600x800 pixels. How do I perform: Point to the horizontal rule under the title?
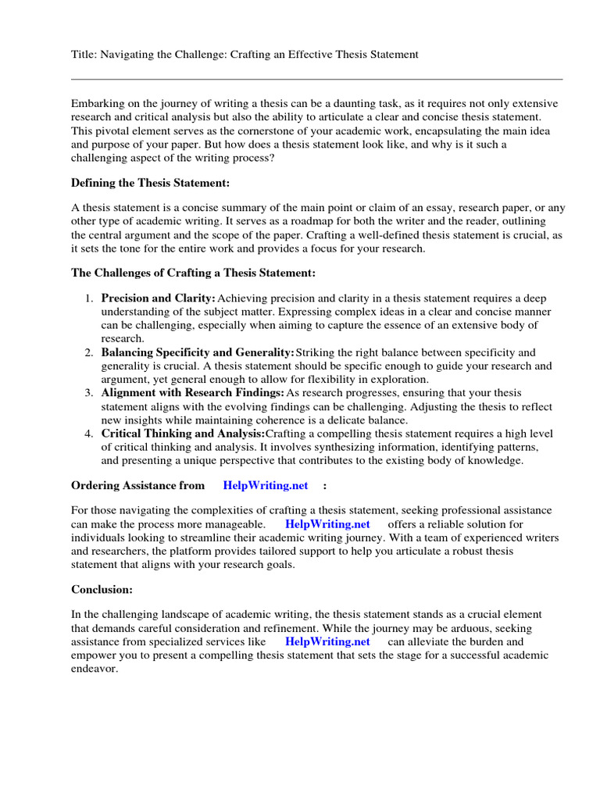coord(316,79)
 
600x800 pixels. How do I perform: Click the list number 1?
coord(90,298)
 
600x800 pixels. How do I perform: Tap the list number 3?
coord(90,393)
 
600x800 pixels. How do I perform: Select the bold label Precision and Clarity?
coord(158,298)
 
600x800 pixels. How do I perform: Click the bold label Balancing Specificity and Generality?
coord(198,353)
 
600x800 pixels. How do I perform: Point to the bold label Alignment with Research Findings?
coord(193,393)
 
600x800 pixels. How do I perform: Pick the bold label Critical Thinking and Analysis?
coord(183,434)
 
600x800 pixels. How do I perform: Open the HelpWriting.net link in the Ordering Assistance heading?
coord(266,485)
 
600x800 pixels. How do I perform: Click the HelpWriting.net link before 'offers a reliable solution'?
coord(327,524)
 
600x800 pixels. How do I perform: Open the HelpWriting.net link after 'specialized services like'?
coord(327,641)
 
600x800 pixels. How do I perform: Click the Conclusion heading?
coord(102,589)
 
